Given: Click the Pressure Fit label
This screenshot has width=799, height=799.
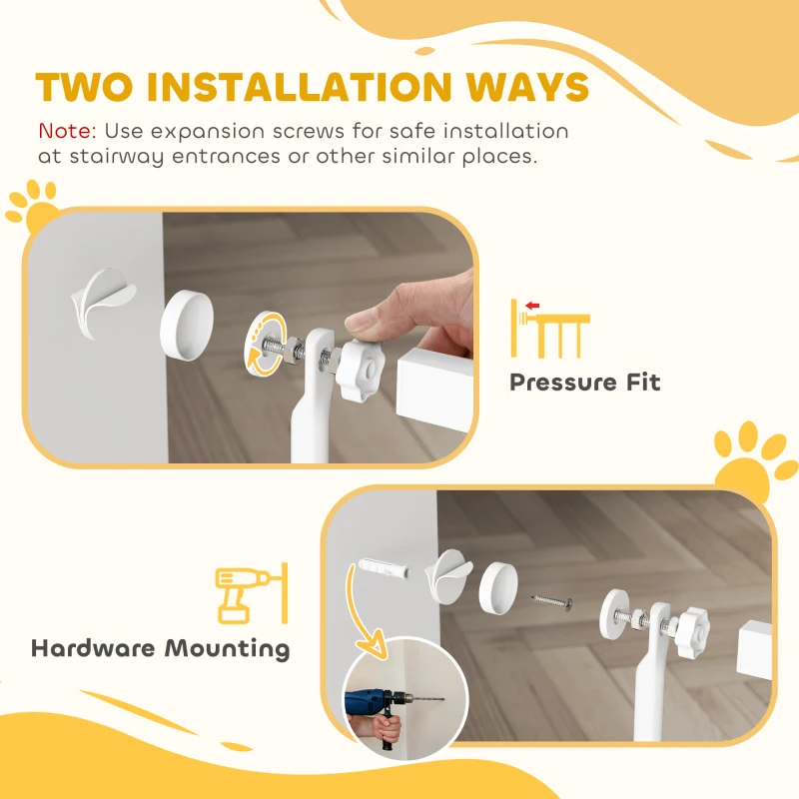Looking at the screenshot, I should (x=584, y=383).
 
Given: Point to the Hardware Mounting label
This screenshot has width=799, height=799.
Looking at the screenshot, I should (x=160, y=648).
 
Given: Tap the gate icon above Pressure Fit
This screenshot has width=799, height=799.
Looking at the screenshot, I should (x=550, y=328).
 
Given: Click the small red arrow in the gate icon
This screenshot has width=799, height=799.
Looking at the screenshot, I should (x=531, y=305).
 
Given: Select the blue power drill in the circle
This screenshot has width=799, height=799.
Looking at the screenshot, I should (x=376, y=703).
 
